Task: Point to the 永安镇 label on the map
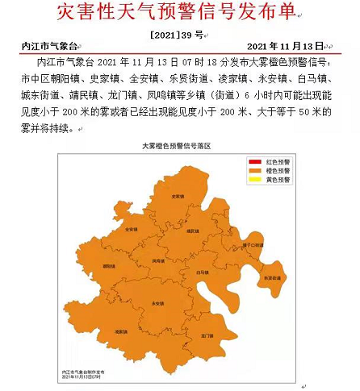coord(158,303)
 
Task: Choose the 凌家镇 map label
coord(121,332)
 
